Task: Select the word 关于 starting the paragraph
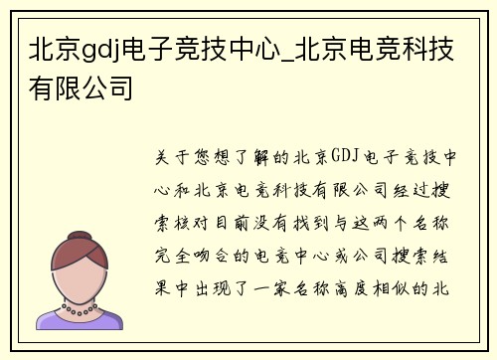[x=170, y=158]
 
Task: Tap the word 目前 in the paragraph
[x=241, y=220]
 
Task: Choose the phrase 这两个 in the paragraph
[x=383, y=220]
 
